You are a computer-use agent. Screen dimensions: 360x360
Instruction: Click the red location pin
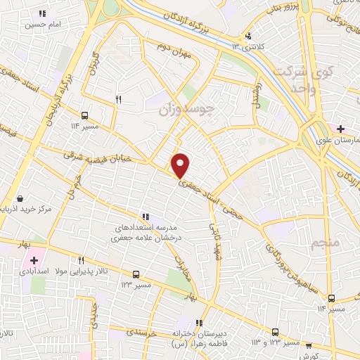(x=181, y=165)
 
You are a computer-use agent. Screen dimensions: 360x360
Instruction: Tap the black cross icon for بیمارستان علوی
(x=340, y=129)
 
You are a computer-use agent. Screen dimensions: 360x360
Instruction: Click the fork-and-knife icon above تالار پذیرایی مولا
(x=82, y=260)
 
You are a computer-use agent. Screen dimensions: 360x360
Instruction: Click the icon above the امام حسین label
(x=42, y=13)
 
